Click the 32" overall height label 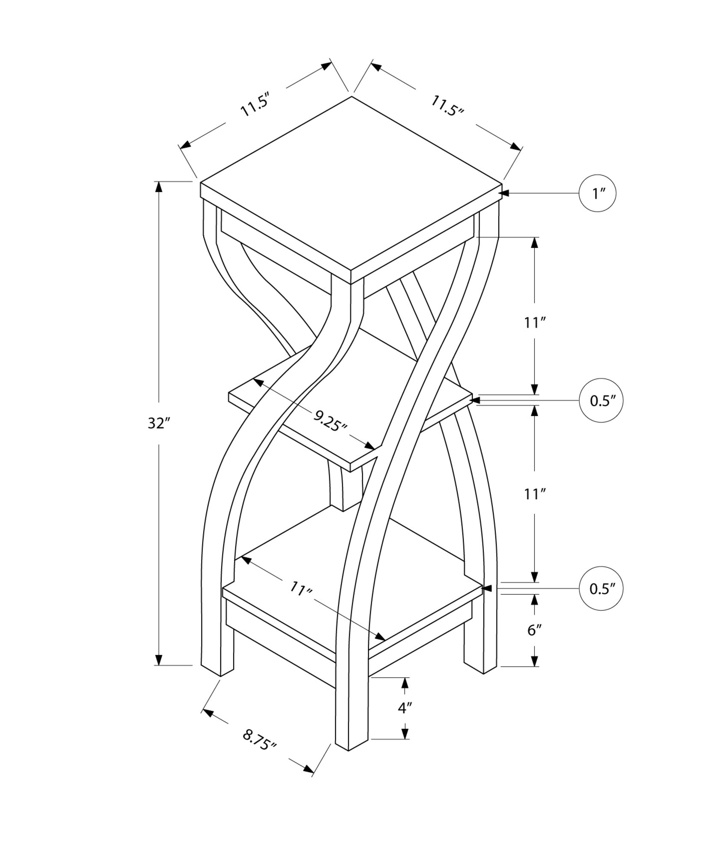[159, 423]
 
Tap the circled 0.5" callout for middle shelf [601, 401]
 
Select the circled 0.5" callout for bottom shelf [601, 589]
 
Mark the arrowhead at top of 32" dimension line [159, 187]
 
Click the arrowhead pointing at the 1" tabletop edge [505, 193]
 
